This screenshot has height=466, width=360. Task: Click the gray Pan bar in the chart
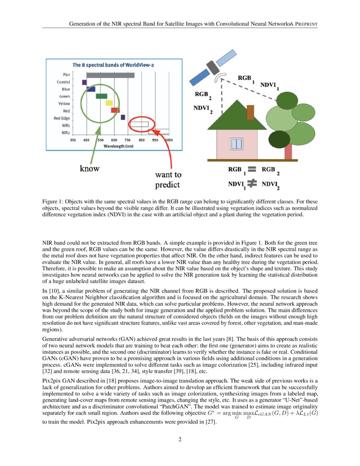pyautogui.click(x=105, y=75)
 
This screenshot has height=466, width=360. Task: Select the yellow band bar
pyautogui.click(x=109, y=103)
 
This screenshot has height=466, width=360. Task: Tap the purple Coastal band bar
pyautogui.click(x=84, y=82)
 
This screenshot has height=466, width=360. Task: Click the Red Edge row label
pyautogui.click(x=62, y=118)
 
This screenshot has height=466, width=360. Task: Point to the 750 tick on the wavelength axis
pyautogui.click(x=127, y=140)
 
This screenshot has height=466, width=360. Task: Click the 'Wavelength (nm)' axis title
pyautogui.click(x=119, y=146)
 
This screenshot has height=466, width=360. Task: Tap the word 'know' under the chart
pyautogui.click(x=90, y=169)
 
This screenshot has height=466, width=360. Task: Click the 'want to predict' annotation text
pyautogui.click(x=168, y=179)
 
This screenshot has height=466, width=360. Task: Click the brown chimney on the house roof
pyautogui.click(x=250, y=112)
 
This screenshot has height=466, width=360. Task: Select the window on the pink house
pyautogui.click(x=236, y=144)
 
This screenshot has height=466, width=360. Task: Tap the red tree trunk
pyautogui.click(x=288, y=152)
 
